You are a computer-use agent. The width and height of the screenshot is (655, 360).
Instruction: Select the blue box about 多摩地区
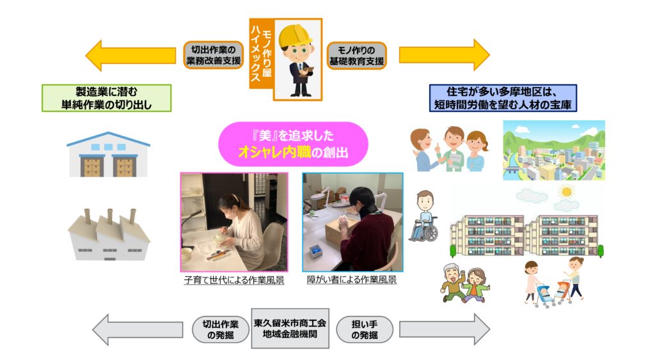(502, 98)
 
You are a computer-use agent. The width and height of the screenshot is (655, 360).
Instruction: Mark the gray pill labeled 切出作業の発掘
(220, 329)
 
